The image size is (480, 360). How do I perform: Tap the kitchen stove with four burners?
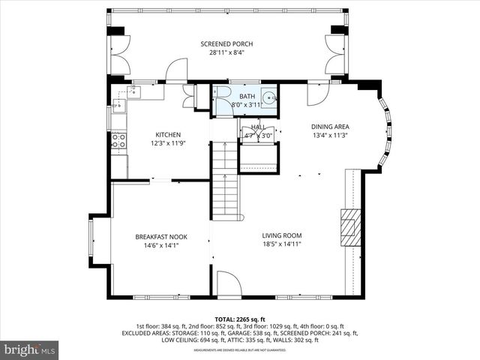118,142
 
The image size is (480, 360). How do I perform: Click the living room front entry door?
228,284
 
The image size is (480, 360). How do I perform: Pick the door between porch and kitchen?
176,71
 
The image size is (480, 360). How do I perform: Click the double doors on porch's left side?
119,54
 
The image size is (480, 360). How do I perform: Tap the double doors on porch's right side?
334,54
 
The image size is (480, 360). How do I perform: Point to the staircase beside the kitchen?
225,180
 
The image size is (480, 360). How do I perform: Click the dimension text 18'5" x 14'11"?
281,243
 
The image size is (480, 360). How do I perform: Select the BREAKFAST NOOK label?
161,236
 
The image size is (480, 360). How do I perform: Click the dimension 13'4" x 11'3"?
331,136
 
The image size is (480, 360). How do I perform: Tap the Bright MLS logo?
30,349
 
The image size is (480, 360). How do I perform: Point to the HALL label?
258,128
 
